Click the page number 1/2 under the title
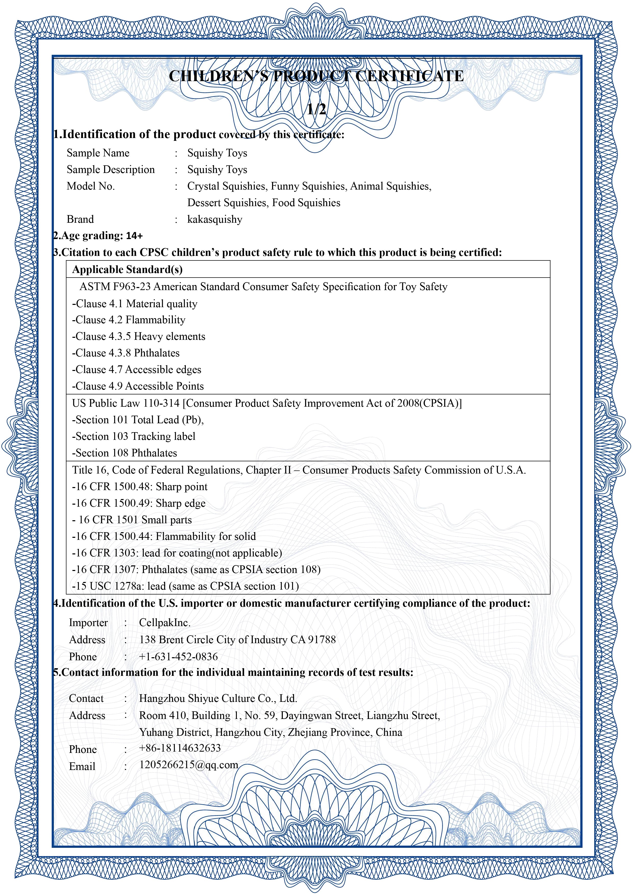pos(316,109)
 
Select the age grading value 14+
pos(134,236)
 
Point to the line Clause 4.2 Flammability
pos(129,320)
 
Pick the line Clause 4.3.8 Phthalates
pos(126,353)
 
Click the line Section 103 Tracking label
pos(133,437)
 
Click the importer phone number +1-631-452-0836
pos(178,657)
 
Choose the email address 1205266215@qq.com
pos(189,765)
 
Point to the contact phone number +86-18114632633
pos(180,748)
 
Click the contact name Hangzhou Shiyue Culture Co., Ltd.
pos(218,699)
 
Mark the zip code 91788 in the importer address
pos(322,640)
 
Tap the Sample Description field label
pos(111,170)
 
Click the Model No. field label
pos(91,186)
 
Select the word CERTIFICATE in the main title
pos(409,76)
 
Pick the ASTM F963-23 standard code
pos(115,287)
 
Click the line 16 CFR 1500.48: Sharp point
pos(140,487)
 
